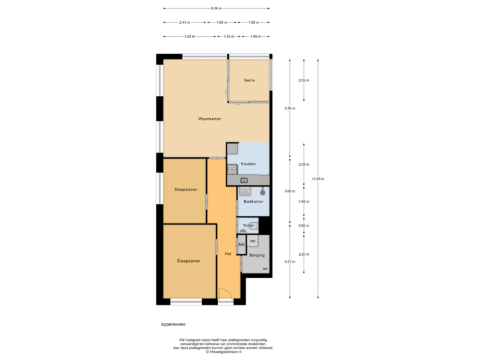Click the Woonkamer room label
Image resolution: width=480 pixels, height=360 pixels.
[x=209, y=119]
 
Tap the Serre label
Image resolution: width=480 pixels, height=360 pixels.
[x=249, y=80]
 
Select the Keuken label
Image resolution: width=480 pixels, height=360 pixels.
[x=248, y=163]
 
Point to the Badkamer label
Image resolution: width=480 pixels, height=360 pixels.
[x=253, y=201]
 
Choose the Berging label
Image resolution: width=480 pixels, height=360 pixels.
[x=257, y=255]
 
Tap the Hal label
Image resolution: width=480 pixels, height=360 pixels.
[x=228, y=254]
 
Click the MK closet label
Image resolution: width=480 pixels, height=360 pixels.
[x=241, y=245]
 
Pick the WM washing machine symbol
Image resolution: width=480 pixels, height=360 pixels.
[x=253, y=241]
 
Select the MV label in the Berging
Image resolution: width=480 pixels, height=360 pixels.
[x=265, y=269]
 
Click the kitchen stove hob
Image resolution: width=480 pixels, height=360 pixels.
[x=232, y=169]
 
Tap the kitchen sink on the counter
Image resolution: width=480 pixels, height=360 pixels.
[x=244, y=180]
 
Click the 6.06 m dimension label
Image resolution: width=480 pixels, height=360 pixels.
[x=216, y=9]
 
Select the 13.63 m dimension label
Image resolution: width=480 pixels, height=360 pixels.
[x=318, y=178]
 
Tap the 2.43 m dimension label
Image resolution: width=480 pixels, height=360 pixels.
[x=185, y=22]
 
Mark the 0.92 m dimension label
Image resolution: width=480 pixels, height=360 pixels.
[x=303, y=226]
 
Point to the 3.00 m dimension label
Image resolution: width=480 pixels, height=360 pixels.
[x=189, y=36]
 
